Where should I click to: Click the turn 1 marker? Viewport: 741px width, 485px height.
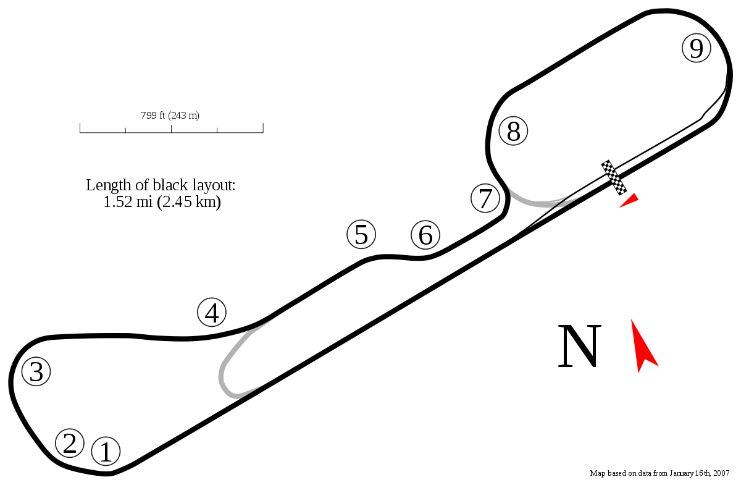[x=106, y=452]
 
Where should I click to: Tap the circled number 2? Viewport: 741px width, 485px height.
[x=69, y=442]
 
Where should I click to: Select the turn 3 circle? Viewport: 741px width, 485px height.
[x=36, y=372]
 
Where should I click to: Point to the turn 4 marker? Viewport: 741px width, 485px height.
[x=212, y=313]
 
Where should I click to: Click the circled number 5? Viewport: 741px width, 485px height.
[x=361, y=235]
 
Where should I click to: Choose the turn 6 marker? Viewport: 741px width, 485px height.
[x=425, y=235]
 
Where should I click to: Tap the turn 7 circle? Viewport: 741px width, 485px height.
[x=485, y=198]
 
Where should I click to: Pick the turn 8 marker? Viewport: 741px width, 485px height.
[x=513, y=131]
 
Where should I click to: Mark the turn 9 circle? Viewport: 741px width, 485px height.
[x=696, y=48]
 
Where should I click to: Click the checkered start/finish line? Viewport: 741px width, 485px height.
[x=614, y=177]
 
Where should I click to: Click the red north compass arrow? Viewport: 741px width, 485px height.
[x=644, y=347]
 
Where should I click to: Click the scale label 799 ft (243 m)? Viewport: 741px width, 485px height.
[x=170, y=114]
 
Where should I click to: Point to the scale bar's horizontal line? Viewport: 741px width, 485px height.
[x=172, y=130]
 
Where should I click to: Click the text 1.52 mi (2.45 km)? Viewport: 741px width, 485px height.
[x=162, y=202]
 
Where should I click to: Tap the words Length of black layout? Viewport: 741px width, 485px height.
[x=161, y=185]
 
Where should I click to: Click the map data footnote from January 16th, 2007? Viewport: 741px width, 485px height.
[x=659, y=473]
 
